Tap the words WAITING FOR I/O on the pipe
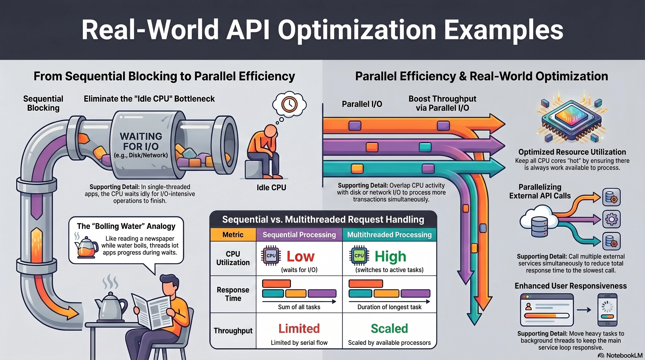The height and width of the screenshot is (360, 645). pyautogui.click(x=141, y=141)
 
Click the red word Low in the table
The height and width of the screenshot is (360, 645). pyautogui.click(x=300, y=256)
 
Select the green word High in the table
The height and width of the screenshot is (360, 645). pyautogui.click(x=390, y=257)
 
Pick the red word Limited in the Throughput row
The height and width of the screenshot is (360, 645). pyautogui.click(x=299, y=329)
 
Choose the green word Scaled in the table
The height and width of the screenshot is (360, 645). pyautogui.click(x=389, y=329)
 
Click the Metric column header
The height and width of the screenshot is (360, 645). pyautogui.click(x=233, y=235)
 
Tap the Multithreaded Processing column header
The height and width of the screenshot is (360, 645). pyautogui.click(x=389, y=235)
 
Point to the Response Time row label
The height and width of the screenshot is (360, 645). pyautogui.click(x=233, y=294)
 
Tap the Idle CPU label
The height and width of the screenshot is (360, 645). pyautogui.click(x=271, y=188)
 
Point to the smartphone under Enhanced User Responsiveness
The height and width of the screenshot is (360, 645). pyautogui.click(x=608, y=310)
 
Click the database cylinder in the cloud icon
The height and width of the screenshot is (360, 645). pyautogui.click(x=539, y=226)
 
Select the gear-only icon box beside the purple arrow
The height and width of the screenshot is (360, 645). pyautogui.click(x=611, y=219)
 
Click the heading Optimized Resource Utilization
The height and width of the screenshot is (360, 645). pyautogui.click(x=572, y=152)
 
